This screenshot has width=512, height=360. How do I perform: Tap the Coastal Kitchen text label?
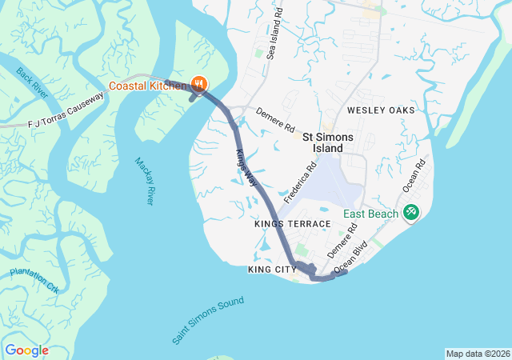pyautogui.click(x=148, y=85)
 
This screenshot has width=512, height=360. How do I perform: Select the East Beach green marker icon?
pyautogui.click(x=411, y=213)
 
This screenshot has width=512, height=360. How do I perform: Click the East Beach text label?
pyautogui.click(x=371, y=214)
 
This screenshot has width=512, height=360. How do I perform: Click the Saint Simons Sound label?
pyautogui.click(x=208, y=321)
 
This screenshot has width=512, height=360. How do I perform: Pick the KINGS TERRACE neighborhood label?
pyautogui.click(x=292, y=224)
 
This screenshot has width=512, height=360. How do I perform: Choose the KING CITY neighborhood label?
pyautogui.click(x=273, y=270)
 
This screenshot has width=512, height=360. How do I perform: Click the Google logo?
pyautogui.click(x=26, y=350)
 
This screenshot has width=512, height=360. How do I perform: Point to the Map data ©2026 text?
pyautogui.click(x=477, y=354)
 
